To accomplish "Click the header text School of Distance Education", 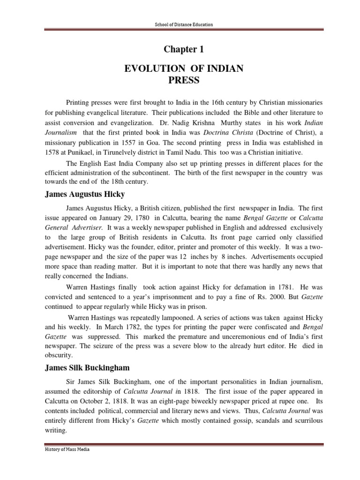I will coord(180,24).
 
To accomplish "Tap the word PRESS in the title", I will coord(183,80).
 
